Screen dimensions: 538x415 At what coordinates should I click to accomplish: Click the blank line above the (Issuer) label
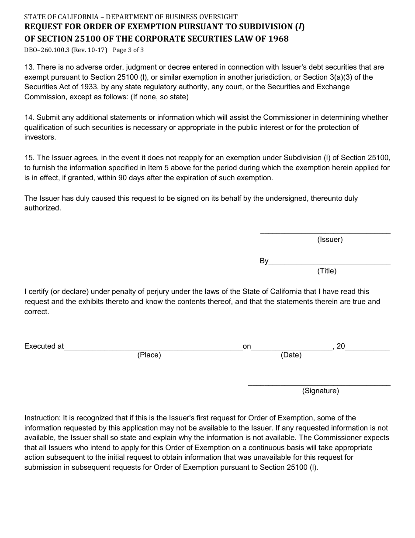(325, 233)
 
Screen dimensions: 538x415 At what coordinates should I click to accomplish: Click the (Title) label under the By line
(327, 271)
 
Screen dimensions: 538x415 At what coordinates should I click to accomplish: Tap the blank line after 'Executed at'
(153, 349)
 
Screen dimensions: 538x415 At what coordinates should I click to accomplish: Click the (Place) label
(149, 355)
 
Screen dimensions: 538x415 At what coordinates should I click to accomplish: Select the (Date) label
(291, 355)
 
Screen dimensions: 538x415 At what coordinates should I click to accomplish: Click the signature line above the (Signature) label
(319, 385)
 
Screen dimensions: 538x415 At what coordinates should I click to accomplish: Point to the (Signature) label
(320, 391)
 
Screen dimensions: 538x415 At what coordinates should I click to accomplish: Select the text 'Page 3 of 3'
(128, 50)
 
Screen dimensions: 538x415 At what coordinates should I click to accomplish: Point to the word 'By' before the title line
(264, 261)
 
